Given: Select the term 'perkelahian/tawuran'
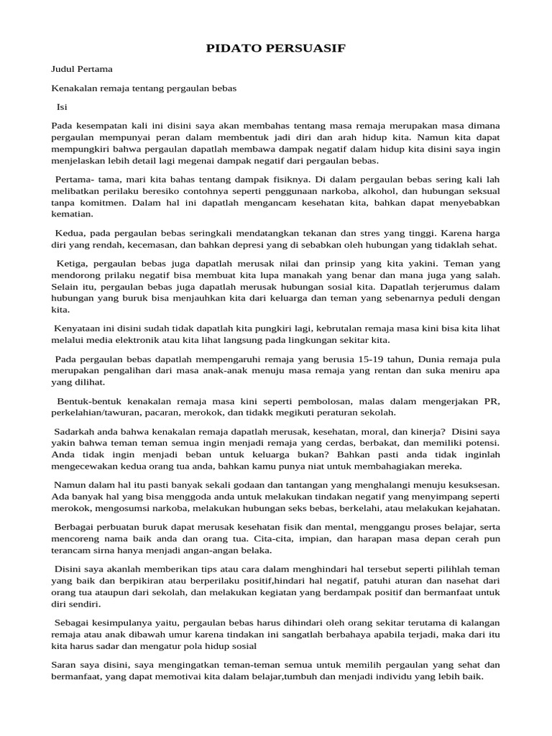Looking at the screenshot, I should [x=93, y=413].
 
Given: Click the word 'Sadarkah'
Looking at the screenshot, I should [x=75, y=431].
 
